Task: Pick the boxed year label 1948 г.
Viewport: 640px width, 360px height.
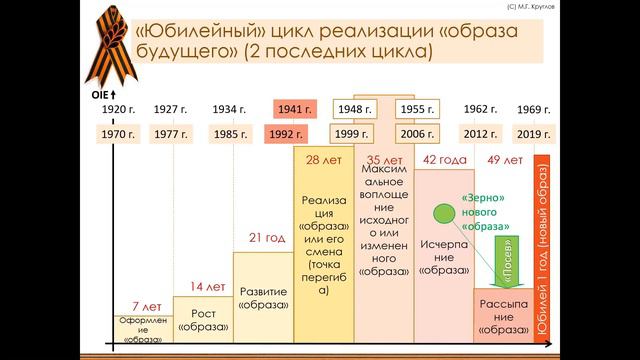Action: coord(350,109)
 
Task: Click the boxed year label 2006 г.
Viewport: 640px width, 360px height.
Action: coord(416,134)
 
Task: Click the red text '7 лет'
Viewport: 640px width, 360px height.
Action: coord(146,306)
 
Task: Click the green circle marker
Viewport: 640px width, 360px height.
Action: coord(441,214)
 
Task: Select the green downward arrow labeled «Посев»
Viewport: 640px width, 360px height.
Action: coord(509,255)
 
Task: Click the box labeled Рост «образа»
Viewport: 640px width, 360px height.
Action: coord(202,320)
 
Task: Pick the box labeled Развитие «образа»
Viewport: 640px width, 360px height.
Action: coord(263,298)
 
